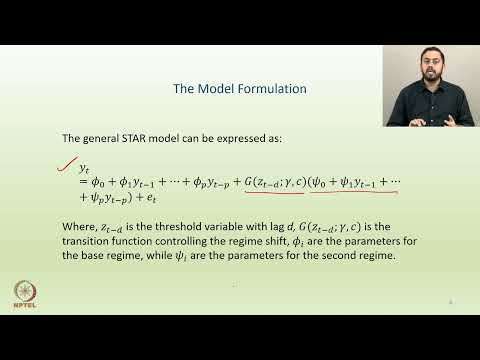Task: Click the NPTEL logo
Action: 23,295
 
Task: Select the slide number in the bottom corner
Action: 451,300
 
